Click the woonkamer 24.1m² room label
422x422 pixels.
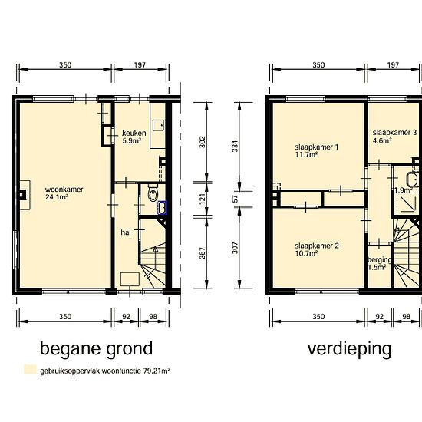(x=64, y=193)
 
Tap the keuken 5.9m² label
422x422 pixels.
(x=134, y=137)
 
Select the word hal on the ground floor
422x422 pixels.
(x=126, y=232)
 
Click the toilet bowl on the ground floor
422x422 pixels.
(x=153, y=193)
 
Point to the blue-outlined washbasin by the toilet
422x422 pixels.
(x=163, y=208)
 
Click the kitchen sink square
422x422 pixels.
(x=158, y=125)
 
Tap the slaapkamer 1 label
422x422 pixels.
(x=316, y=150)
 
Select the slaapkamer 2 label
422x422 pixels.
(x=317, y=249)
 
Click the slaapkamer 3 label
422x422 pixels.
(x=394, y=136)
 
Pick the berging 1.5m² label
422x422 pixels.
(x=380, y=263)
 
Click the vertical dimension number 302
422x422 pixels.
(x=202, y=142)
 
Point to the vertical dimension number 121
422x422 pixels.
(x=202, y=199)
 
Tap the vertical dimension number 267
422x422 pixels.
(x=202, y=253)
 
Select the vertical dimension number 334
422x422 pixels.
(x=235, y=146)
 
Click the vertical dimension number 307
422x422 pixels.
(x=235, y=248)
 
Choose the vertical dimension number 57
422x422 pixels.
(x=235, y=199)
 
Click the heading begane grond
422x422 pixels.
(x=96, y=349)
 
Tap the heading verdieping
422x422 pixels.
(x=349, y=349)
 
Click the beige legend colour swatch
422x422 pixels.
(x=30, y=370)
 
